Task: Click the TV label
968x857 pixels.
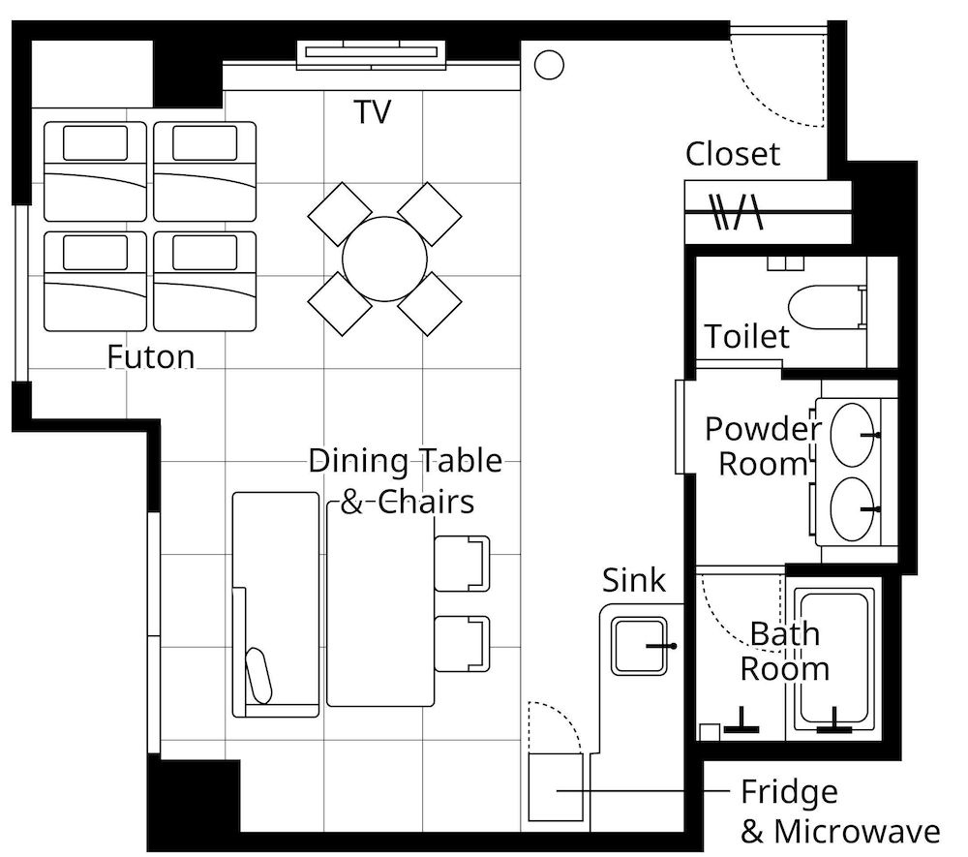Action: [373, 111]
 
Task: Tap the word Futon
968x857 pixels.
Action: [151, 356]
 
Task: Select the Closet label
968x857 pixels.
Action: [733, 154]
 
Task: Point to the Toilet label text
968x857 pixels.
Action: [747, 336]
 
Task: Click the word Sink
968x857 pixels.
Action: [634, 580]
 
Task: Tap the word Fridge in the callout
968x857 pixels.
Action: [789, 792]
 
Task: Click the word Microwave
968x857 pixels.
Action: [857, 832]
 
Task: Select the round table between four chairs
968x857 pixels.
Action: [384, 260]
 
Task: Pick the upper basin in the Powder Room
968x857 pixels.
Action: [853, 436]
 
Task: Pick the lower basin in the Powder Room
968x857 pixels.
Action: [853, 509]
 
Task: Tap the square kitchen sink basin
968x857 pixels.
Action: [639, 646]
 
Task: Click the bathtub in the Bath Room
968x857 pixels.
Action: [834, 658]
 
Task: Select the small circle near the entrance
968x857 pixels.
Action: [549, 65]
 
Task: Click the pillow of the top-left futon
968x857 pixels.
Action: [95, 143]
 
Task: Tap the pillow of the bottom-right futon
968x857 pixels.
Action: [205, 253]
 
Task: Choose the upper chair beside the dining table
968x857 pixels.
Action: [462, 564]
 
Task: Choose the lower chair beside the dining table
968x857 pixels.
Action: [462, 644]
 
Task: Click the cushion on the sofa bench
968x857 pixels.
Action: [258, 676]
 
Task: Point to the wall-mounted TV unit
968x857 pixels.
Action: [371, 54]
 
